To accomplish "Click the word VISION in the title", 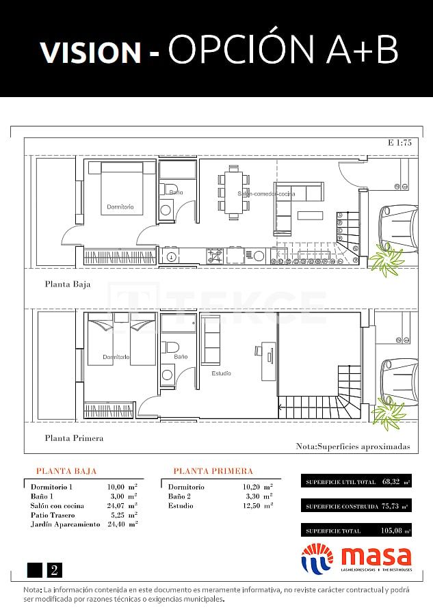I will click(90, 52).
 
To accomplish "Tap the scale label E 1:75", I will click(399, 143).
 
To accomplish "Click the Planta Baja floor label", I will click(68, 284).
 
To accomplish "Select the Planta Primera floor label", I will click(74, 438).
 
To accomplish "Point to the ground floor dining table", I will click(233, 193).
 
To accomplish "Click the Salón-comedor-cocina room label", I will click(266, 194).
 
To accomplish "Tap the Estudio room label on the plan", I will click(221, 373).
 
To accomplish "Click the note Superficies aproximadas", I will click(353, 446).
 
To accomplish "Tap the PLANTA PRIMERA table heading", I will click(213, 471).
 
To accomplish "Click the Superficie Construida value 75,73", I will click(389, 506).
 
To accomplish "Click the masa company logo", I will click(356, 558).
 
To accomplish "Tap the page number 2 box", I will click(54, 570).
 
